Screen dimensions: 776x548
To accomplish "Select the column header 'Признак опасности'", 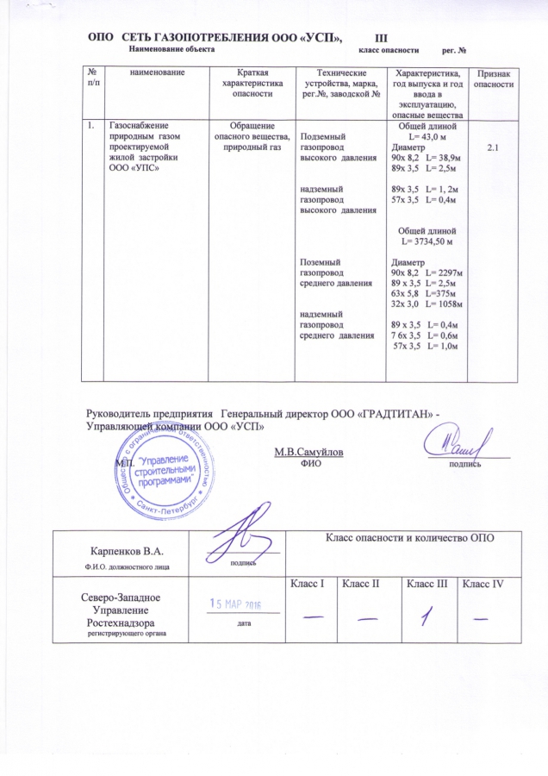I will pos(495,81).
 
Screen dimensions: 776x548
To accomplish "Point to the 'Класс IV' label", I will pos(483,586).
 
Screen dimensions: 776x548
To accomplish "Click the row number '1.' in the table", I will pos(90,127).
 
